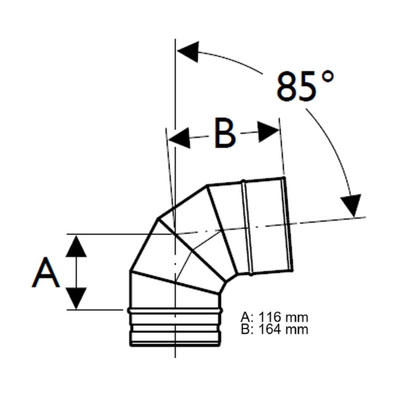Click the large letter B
pos(225,133)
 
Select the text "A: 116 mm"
pos(274,317)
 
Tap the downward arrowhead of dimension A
pos(76,298)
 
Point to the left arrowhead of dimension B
pos(180,138)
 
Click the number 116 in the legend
pos(270,317)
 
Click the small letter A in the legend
pos(245,317)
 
